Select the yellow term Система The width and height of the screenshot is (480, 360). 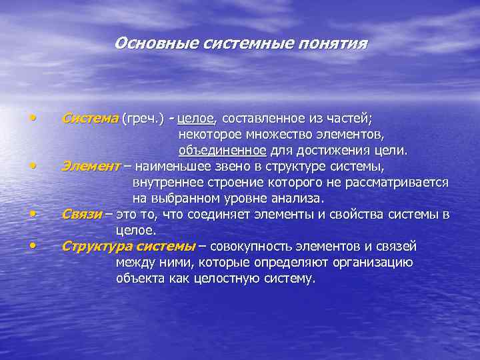point(89,119)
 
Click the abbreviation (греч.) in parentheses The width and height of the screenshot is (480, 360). point(142,119)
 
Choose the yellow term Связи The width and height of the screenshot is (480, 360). point(82,214)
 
